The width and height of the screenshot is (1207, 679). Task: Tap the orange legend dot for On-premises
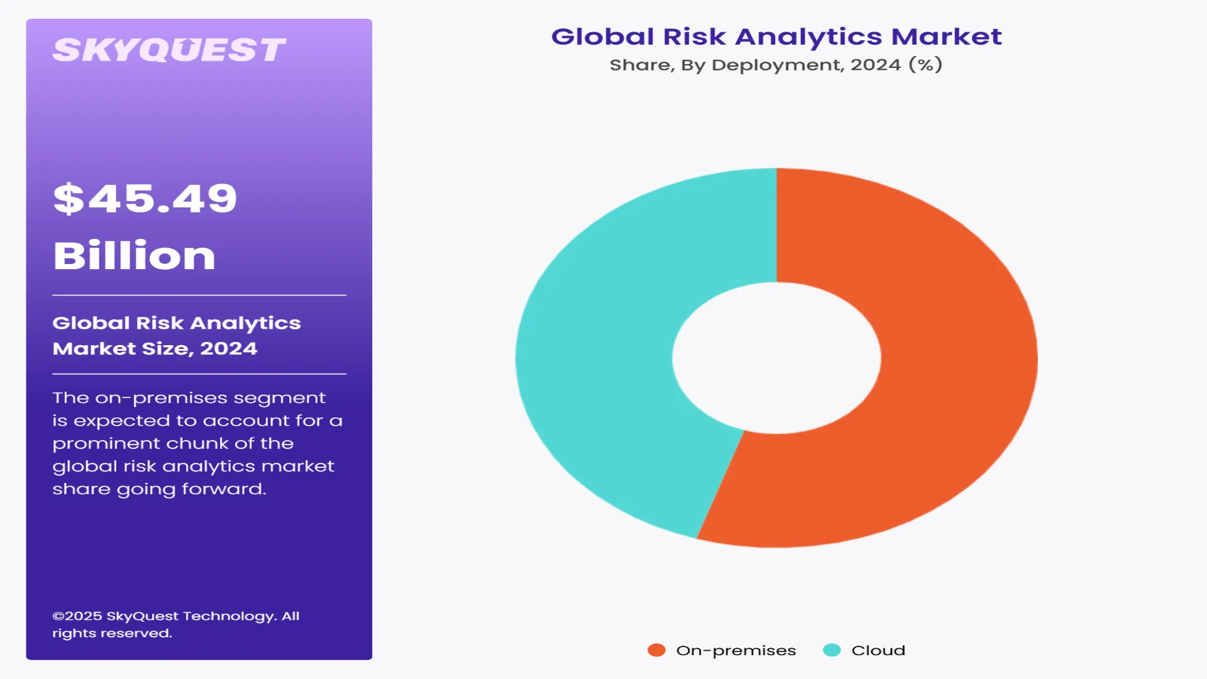656,650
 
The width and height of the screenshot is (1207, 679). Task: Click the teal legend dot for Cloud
832,650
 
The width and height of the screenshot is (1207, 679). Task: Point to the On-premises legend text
736,651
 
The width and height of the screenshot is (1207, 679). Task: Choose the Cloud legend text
878,651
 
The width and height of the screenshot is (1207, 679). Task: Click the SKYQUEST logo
168,50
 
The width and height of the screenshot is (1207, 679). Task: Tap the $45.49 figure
145,199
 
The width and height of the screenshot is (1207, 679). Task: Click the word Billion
134,256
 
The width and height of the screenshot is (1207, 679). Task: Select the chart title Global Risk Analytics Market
776,36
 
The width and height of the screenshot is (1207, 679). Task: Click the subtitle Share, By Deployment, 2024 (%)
776,65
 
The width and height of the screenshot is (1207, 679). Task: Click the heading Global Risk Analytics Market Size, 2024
176,336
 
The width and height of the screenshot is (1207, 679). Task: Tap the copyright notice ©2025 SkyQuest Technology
175,624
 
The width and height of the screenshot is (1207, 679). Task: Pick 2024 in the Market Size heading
228,349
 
